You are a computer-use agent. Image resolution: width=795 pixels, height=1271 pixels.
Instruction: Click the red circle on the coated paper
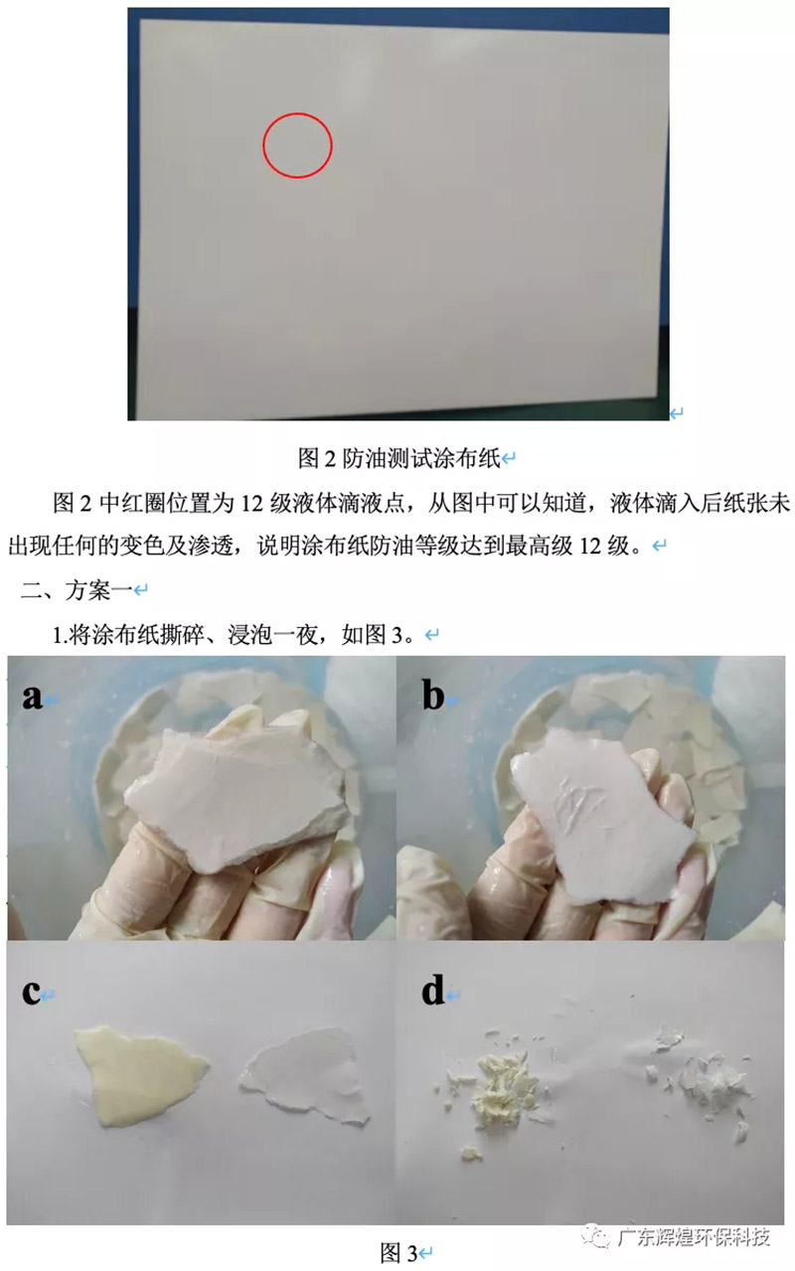click(263, 145)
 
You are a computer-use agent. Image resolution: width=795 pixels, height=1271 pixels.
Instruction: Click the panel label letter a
click(33, 697)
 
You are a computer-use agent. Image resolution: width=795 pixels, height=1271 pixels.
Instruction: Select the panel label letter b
click(433, 695)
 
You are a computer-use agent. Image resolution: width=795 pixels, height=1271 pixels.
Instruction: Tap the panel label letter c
click(31, 993)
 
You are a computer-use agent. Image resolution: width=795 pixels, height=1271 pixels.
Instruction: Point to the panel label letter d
click(433, 991)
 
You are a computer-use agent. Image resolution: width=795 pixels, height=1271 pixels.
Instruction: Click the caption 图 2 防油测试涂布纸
click(399, 458)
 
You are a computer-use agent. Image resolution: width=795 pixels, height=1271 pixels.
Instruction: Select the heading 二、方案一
click(77, 590)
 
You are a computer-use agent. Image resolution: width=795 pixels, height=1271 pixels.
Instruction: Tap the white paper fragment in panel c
click(303, 1077)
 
